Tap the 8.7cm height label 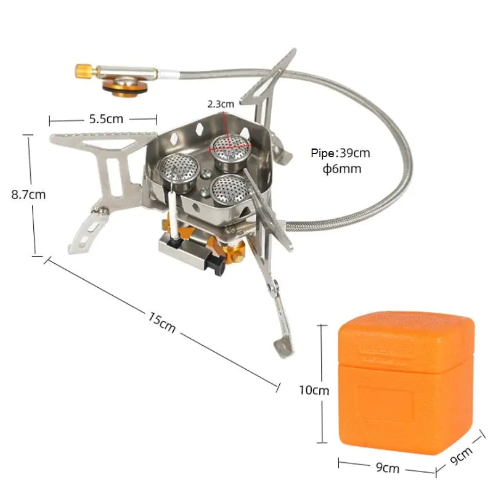(x=28, y=195)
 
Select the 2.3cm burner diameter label (x=221, y=104)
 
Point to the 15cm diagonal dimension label (x=161, y=322)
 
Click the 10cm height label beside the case (x=314, y=390)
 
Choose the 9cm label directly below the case (x=387, y=469)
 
